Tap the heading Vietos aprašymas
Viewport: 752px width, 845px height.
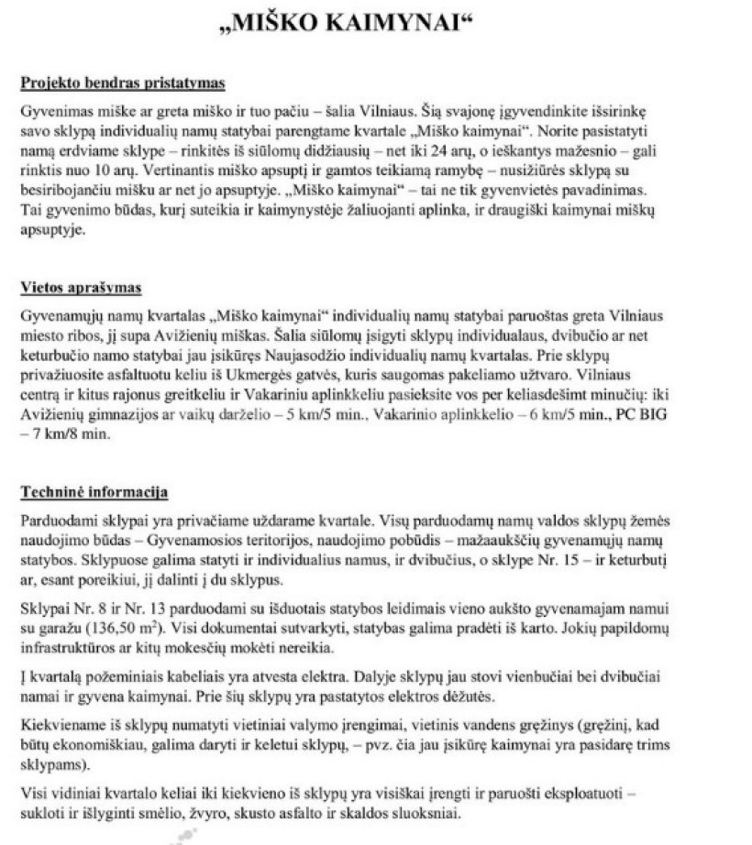click(x=81, y=288)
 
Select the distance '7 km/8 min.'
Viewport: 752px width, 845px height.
click(x=68, y=436)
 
